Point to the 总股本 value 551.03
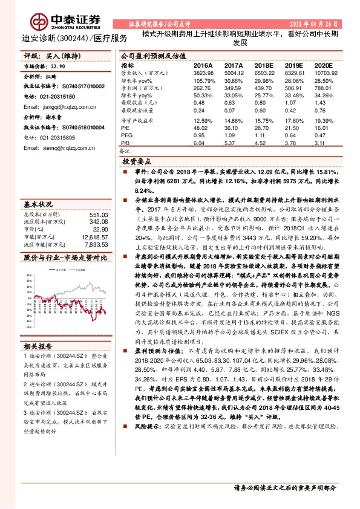point(98,215)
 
